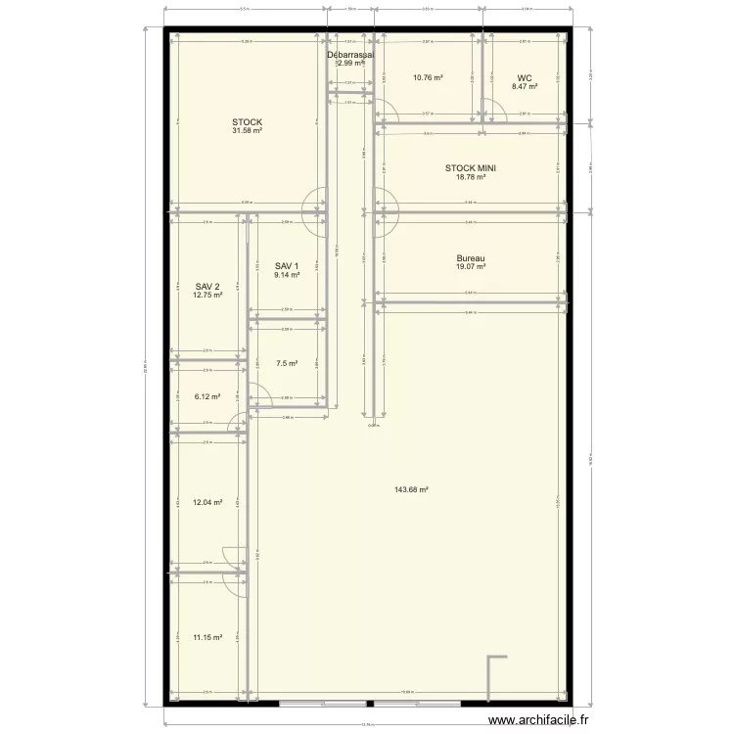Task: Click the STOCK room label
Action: (247, 122)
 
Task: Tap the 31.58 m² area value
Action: (247, 131)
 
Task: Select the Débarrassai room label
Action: (350, 56)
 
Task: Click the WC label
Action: (525, 77)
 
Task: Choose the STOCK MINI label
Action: (471, 168)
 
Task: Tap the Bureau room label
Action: (471, 258)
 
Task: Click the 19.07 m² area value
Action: (471, 267)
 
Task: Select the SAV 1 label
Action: (286, 266)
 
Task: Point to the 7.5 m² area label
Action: (286, 363)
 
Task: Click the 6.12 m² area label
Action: (207, 397)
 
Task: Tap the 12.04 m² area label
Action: (207, 503)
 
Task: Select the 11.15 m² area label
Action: (207, 637)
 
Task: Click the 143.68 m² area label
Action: (412, 489)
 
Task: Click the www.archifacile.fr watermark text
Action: (539, 720)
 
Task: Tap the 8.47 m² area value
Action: (525, 86)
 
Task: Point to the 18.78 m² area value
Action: (471, 177)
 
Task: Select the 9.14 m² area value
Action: (286, 275)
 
